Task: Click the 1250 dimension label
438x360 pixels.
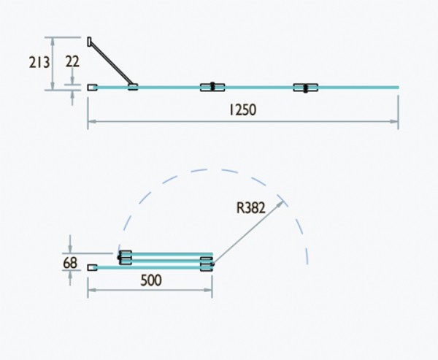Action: coord(242,110)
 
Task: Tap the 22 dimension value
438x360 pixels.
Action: coord(72,62)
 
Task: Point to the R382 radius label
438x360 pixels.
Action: coord(250,207)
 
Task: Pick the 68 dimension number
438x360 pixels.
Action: coord(71,261)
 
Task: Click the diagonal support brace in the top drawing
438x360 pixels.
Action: coord(111,63)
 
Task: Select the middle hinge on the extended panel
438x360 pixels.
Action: coord(212,88)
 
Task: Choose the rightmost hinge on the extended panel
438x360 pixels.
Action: coord(305,88)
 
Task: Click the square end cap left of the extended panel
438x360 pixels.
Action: coord(92,88)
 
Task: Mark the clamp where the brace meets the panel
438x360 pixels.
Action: coord(133,87)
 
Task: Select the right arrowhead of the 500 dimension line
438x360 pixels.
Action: coord(210,291)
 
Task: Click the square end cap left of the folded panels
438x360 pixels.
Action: coord(92,268)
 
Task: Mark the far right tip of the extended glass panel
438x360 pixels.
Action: coord(398,88)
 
